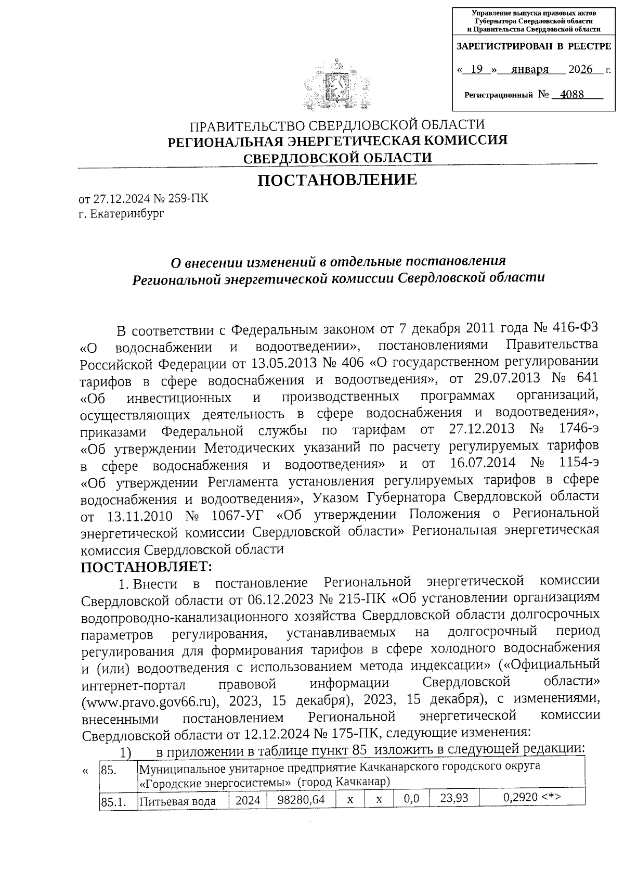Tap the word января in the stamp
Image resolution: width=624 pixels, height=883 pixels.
[530, 69]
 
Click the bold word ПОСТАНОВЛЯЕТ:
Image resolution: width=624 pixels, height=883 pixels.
[146, 566]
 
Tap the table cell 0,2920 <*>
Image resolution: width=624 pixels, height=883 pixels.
[531, 799]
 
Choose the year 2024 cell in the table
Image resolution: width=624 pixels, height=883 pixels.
[248, 800]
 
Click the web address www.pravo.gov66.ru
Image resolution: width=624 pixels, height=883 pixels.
[147, 700]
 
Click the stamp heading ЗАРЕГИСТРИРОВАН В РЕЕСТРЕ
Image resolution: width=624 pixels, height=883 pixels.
[534, 46]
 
